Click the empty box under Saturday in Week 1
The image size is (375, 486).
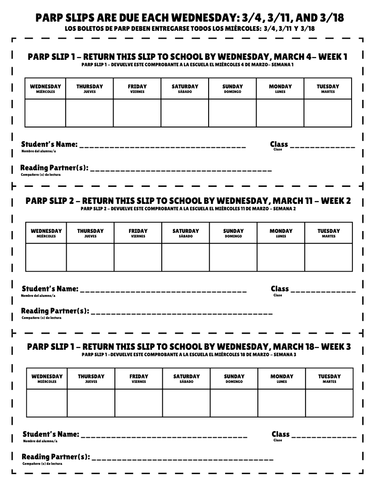[x=185, y=113]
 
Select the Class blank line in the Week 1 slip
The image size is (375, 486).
[x=322, y=147]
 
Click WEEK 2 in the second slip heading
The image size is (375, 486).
[x=335, y=201]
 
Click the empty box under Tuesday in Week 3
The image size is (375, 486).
[x=329, y=403]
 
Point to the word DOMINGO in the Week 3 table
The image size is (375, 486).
[x=234, y=382]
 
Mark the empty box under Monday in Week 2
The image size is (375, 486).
[x=281, y=258]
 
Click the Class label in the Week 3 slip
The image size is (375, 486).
[x=280, y=434]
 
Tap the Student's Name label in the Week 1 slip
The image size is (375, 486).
[x=49, y=145]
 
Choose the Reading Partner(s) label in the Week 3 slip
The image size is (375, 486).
[x=56, y=457]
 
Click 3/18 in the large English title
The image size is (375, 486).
[x=329, y=18]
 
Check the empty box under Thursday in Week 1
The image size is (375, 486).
[x=90, y=113]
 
